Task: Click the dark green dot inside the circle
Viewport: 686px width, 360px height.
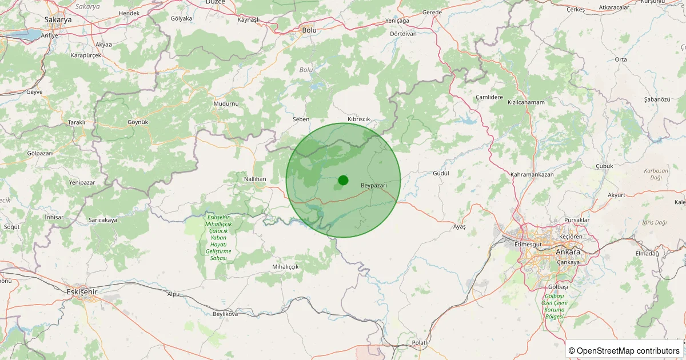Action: tap(343, 180)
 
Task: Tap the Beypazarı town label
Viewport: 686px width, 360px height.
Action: tap(374, 186)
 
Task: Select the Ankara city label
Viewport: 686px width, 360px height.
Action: tap(568, 252)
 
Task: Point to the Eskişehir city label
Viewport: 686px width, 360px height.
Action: tap(82, 291)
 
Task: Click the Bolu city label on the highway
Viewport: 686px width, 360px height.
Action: tap(309, 30)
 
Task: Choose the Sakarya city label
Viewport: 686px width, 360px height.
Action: tap(58, 19)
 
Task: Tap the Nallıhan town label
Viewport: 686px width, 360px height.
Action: tap(255, 179)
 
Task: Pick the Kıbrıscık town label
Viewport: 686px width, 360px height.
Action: tap(358, 119)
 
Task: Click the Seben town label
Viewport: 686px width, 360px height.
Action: tap(301, 119)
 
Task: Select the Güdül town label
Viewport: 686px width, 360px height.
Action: tap(441, 173)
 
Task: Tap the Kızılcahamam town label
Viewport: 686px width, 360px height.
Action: tap(526, 102)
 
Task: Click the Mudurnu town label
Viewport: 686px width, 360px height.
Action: tap(226, 103)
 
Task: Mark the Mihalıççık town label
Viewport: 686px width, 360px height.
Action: tap(285, 267)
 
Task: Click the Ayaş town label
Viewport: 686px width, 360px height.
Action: tap(460, 227)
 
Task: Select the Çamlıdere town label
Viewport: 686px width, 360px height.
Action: tap(489, 98)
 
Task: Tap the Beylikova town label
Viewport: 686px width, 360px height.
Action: tap(225, 314)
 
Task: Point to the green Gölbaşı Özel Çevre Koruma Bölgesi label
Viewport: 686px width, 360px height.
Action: tap(554, 305)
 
